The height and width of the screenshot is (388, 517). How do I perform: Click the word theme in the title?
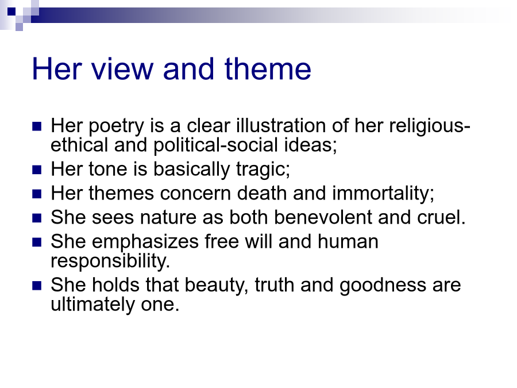(268, 69)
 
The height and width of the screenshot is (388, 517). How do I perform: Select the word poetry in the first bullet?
(117, 126)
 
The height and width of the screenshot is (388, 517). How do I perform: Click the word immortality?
(383, 194)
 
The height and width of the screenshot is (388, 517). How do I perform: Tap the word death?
(262, 193)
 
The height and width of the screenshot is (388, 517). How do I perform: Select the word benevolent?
(323, 217)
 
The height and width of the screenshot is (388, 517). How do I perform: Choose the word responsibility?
(110, 261)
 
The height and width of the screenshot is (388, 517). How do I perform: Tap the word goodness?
(383, 286)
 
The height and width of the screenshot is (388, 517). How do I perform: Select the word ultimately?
(92, 304)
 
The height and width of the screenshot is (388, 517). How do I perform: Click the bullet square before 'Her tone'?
(37, 170)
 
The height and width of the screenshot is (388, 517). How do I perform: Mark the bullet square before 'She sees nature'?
(37, 218)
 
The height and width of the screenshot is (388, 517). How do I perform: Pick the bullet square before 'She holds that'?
(37, 286)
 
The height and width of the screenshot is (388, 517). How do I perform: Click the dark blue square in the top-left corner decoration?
(11, 11)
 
